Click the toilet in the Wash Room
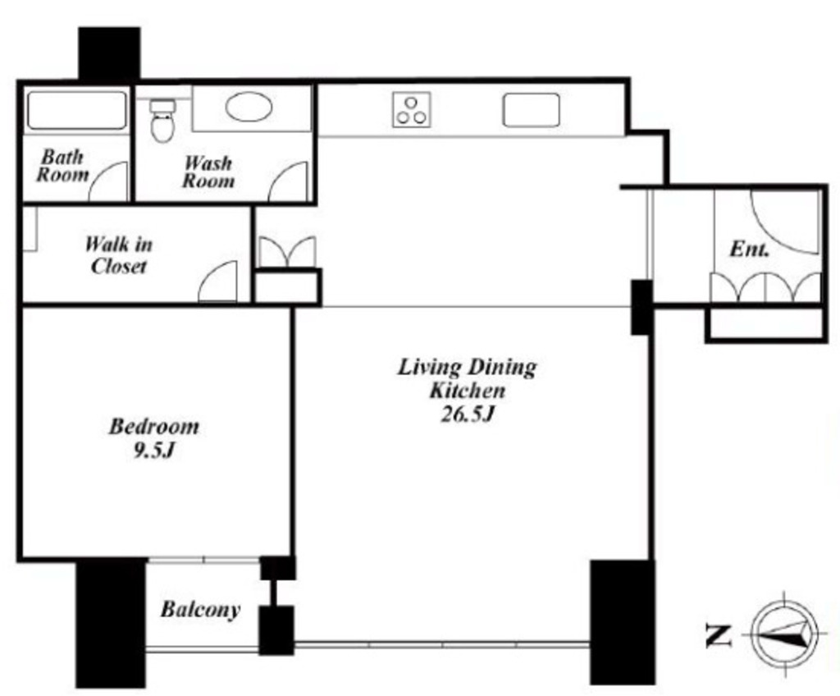click(x=162, y=121)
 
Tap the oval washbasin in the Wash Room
click(x=249, y=107)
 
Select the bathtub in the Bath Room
click(x=76, y=111)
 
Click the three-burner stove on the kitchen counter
click(x=412, y=110)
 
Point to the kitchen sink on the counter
click(x=531, y=111)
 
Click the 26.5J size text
click(x=467, y=414)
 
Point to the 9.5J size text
click(x=153, y=451)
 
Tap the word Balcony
click(x=200, y=610)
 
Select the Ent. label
click(x=750, y=250)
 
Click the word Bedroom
click(x=153, y=427)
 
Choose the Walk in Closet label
click(x=118, y=254)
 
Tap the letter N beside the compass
click(x=718, y=635)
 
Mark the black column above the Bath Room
click(x=109, y=53)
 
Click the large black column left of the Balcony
click(x=111, y=623)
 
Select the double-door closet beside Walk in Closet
click(x=287, y=252)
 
